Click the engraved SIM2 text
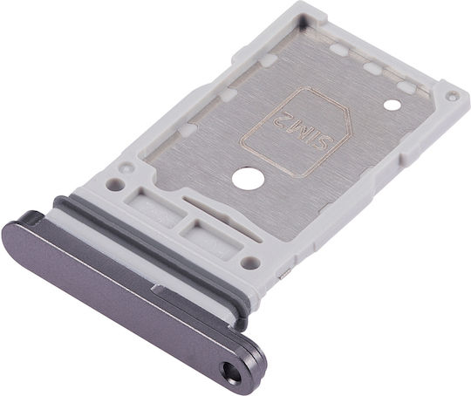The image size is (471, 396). tap(297, 130)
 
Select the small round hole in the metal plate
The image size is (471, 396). tap(392, 105)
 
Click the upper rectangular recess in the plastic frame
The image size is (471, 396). tap(157, 208)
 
